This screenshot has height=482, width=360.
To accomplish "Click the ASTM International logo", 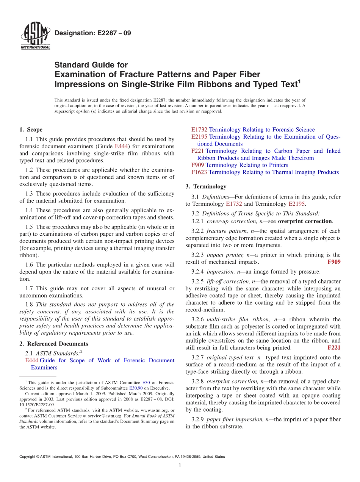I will click(x=35, y=37).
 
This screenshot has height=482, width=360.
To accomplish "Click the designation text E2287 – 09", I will click(x=93, y=33).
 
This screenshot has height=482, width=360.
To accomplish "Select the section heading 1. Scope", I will click(x=31, y=130).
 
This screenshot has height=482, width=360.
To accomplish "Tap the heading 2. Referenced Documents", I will click(x=54, y=344).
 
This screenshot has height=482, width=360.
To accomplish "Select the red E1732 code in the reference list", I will click(x=199, y=130).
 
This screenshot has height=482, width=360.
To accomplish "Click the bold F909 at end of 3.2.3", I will click(x=333, y=262).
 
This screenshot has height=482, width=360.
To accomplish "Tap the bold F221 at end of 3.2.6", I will click(x=333, y=347).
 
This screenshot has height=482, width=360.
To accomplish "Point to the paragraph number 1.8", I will click(x=29, y=304).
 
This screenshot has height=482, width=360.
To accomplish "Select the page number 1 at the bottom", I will click(x=180, y=465).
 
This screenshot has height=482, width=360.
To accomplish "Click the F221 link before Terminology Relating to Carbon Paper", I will click(x=198, y=151).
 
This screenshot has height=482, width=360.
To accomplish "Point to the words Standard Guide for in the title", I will click(x=91, y=65).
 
